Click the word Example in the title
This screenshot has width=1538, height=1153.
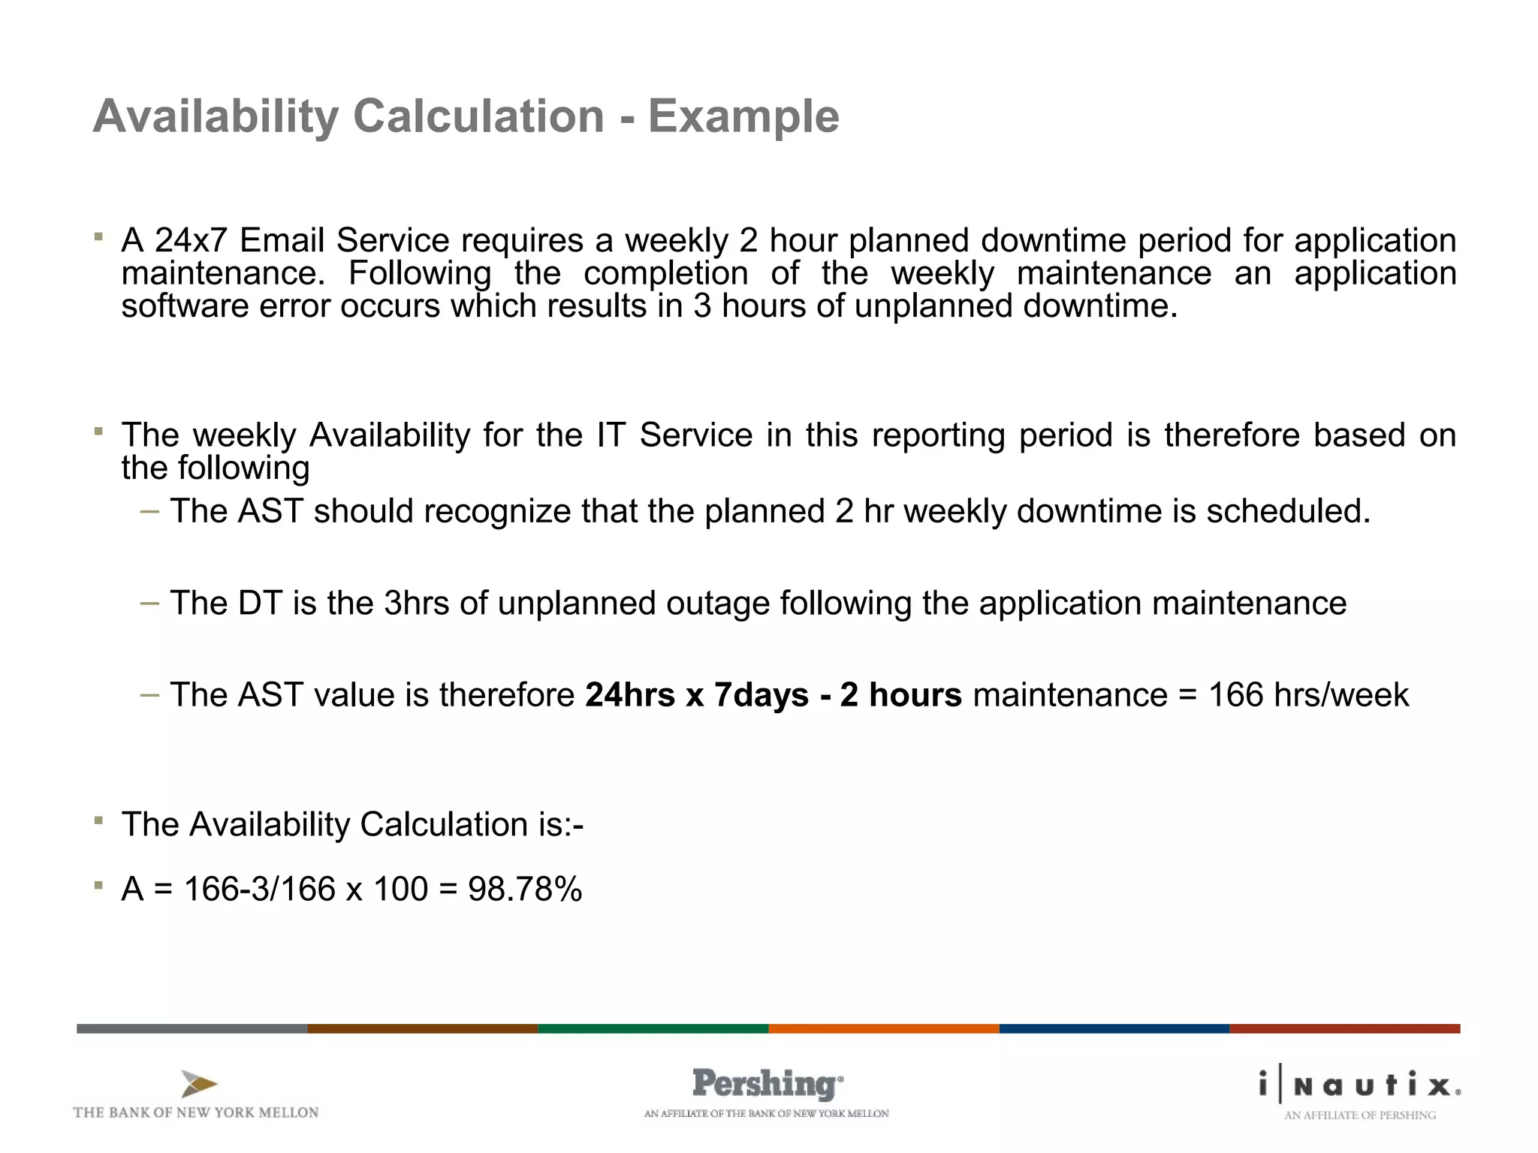743,116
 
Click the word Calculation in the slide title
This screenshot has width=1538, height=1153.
478,116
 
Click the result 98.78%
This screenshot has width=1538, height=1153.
525,890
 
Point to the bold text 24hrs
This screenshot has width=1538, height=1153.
629,695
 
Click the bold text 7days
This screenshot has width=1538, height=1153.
761,695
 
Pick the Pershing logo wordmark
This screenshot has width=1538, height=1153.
766,1084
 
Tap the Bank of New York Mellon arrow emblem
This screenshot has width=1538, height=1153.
198,1084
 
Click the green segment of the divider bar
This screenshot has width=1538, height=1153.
653,1028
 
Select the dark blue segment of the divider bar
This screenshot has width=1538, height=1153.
1114,1028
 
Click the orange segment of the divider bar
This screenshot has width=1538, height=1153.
883,1028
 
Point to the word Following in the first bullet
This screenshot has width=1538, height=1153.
419,273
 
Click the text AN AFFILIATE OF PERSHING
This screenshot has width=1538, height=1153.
1359,1115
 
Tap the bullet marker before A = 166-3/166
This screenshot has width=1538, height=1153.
98,885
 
